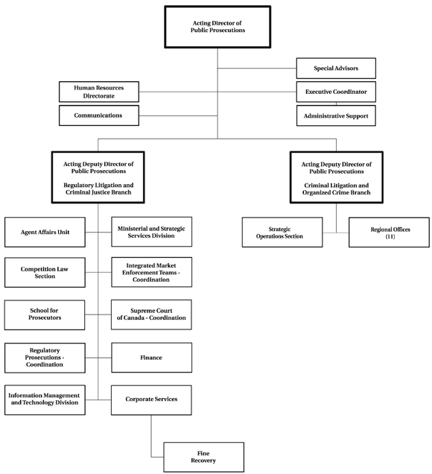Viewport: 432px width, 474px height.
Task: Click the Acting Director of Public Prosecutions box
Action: pos(216,27)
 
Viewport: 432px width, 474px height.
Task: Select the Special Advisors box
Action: pos(336,69)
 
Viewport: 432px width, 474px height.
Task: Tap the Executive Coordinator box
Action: pos(336,92)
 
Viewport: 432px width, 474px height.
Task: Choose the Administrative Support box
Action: pos(336,116)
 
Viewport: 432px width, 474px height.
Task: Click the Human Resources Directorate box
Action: pos(99,92)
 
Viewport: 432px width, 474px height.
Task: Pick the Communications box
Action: pos(99,116)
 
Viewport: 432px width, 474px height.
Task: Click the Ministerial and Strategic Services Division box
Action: pos(152,232)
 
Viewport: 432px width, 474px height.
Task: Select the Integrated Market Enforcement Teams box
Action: pos(152,272)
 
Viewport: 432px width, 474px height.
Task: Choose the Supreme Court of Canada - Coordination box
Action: pos(152,314)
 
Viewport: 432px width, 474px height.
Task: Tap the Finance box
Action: pos(152,358)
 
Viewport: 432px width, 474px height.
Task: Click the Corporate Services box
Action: pos(152,399)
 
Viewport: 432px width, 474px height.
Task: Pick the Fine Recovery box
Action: pos(203,457)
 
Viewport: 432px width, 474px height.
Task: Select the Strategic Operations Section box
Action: pos(282,232)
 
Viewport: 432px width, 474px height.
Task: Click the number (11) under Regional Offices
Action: pos(390,236)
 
